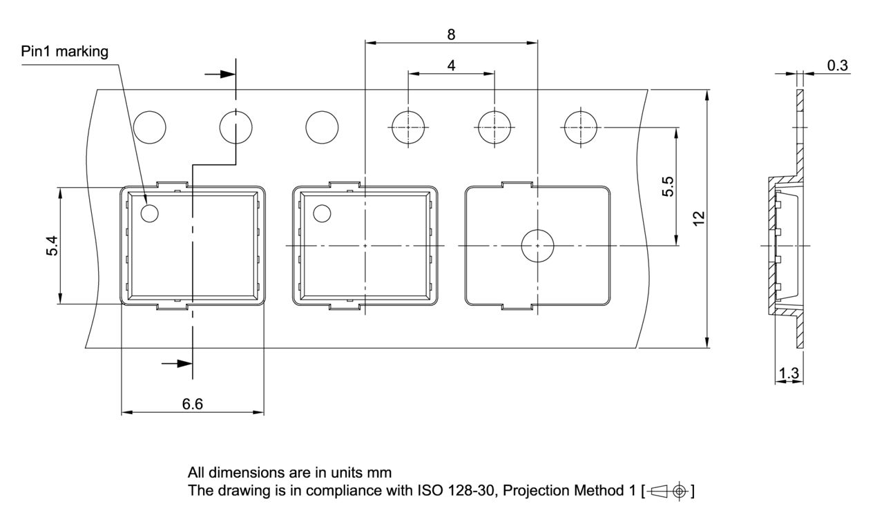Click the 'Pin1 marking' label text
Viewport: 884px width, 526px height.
click(65, 52)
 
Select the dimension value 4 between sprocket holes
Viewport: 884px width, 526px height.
click(451, 66)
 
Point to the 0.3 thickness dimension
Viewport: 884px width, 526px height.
click(838, 66)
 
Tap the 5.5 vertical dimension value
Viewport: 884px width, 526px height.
click(668, 186)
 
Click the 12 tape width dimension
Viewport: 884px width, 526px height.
click(699, 218)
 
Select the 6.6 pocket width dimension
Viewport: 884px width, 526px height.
click(192, 405)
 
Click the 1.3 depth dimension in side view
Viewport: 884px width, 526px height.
click(788, 373)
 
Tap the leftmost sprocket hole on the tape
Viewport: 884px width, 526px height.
click(150, 128)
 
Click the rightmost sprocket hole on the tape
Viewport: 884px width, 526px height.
click(581, 127)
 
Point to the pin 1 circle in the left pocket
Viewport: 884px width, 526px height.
click(149, 213)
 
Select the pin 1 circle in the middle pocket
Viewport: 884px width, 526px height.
click(322, 213)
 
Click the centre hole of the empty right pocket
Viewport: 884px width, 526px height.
click(537, 246)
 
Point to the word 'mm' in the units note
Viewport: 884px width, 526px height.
click(381, 473)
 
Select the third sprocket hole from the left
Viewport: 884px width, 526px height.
click(323, 128)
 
